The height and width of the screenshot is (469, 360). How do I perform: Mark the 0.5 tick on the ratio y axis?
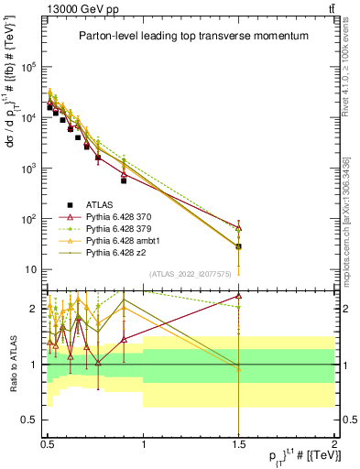[33, 420]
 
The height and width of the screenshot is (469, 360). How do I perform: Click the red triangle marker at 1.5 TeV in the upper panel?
[238, 227]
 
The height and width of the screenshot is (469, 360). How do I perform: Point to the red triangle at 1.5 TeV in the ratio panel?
[238, 296]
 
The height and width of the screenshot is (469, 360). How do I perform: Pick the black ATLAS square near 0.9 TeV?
[124, 180]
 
